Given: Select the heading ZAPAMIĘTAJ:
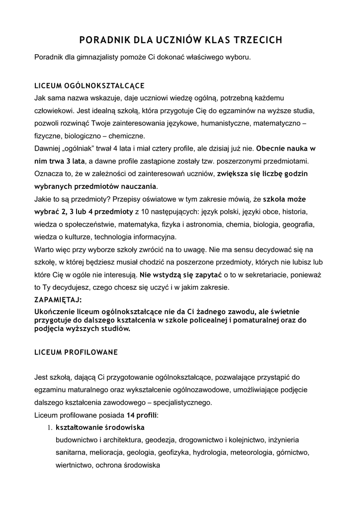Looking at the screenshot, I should pos(57,300).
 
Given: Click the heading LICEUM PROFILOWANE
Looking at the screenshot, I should pos(76,352).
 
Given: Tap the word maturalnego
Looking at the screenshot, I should pos(87,390).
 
